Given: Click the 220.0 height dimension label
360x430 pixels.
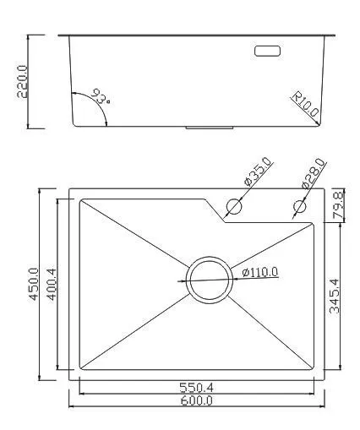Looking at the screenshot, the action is [x=23, y=81].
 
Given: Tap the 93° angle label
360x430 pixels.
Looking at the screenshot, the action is [x=101, y=96].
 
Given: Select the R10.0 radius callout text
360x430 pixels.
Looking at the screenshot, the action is [x=305, y=104].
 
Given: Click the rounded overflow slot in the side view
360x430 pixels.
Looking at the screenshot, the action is [x=267, y=51].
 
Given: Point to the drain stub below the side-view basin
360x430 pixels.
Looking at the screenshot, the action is [x=210, y=128].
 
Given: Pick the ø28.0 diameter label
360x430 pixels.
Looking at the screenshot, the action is [x=313, y=173].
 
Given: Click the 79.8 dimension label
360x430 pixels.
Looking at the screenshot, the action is [x=338, y=204].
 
